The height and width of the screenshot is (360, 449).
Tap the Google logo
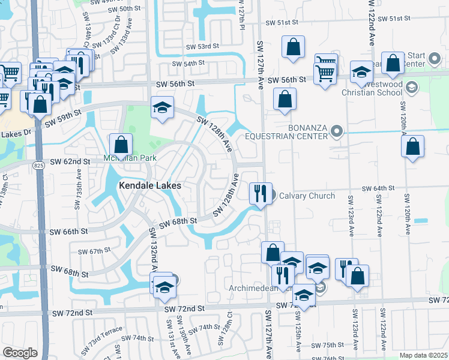(x=20, y=353)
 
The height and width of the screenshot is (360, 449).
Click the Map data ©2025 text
(x=424, y=355)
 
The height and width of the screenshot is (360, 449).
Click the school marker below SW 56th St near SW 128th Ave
(x=162, y=107)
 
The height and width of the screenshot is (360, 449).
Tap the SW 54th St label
(x=188, y=63)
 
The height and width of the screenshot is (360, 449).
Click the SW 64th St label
(x=378, y=188)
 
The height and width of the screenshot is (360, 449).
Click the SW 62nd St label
(x=70, y=161)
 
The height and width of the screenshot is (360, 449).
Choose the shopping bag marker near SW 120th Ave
(x=413, y=146)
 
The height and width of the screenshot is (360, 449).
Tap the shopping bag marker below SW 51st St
(x=293, y=47)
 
